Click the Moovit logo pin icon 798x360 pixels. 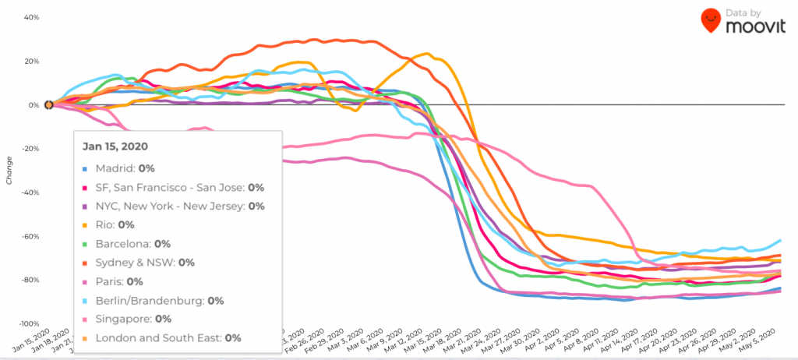(x=711, y=20)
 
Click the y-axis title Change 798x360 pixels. (x=9, y=170)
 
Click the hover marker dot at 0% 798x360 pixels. (x=49, y=104)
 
